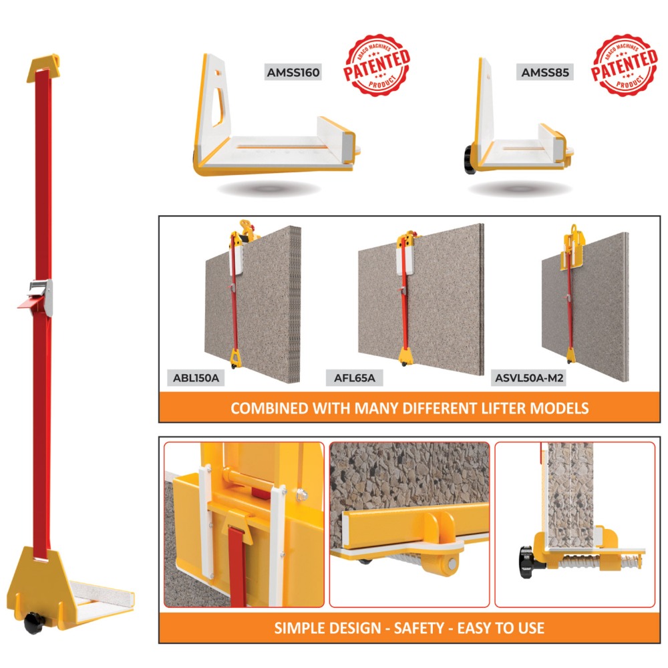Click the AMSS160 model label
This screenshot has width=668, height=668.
point(293,72)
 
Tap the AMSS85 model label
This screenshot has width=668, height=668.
point(545,72)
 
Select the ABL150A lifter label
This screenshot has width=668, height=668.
point(196,378)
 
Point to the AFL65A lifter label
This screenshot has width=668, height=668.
point(355,378)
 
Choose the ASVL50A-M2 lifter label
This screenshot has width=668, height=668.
point(528,378)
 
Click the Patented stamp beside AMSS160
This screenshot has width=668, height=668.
point(377,65)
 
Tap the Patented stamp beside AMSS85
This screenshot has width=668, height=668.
point(624,65)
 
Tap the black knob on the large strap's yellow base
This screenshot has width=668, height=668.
point(33,623)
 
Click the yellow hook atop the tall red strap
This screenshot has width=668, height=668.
point(43,67)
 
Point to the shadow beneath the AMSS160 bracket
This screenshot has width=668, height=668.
point(269,188)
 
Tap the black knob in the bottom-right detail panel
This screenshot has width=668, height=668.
point(528,562)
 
